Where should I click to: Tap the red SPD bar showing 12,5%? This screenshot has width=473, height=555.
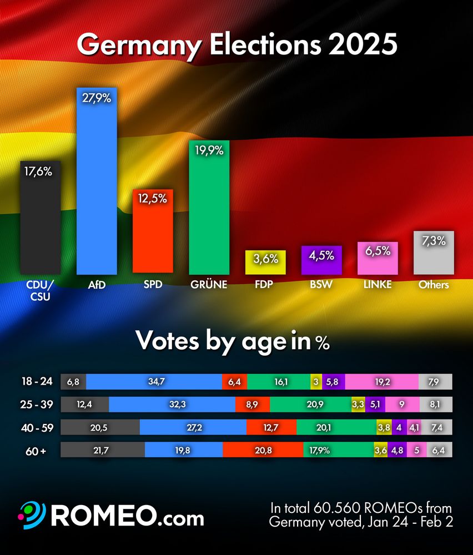(x=153, y=230)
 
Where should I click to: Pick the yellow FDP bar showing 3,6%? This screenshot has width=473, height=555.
(x=265, y=261)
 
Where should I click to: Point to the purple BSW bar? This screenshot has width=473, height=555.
(x=321, y=259)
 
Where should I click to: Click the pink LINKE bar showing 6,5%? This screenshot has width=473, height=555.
(x=378, y=258)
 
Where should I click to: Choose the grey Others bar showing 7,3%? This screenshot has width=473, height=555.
(x=434, y=253)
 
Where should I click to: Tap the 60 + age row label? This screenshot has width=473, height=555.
(x=35, y=451)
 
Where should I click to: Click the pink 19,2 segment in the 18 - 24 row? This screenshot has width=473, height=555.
(x=381, y=382)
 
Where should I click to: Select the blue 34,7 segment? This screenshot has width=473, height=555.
(x=154, y=382)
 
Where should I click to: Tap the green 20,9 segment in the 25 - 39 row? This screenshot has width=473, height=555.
(x=311, y=405)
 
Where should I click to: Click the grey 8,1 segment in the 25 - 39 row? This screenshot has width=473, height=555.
(x=435, y=405)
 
